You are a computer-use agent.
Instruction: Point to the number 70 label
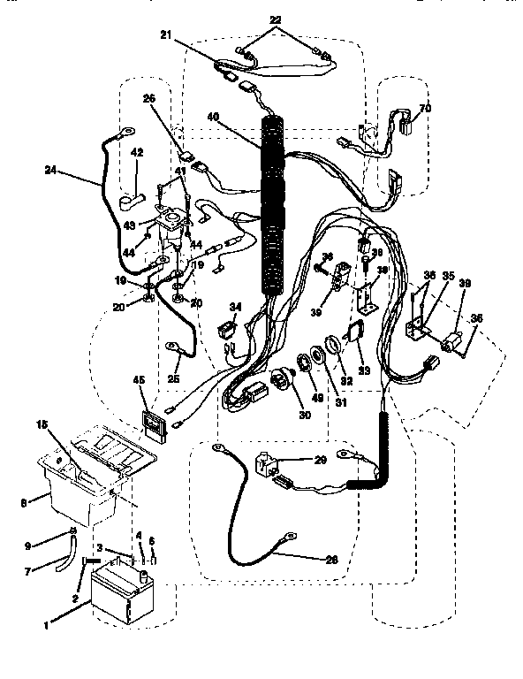click(424, 109)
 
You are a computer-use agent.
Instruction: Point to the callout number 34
click(234, 306)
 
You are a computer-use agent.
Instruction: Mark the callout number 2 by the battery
click(76, 597)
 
